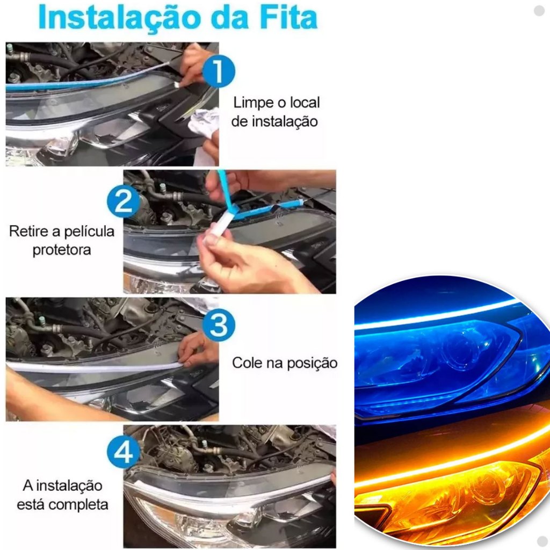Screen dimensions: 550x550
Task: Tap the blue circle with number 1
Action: click(x=219, y=71)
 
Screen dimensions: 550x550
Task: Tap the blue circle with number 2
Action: click(x=123, y=202)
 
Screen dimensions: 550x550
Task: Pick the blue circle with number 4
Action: click(x=123, y=452)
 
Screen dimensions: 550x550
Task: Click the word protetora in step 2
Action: click(x=62, y=250)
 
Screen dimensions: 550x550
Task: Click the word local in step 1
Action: click(x=305, y=103)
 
